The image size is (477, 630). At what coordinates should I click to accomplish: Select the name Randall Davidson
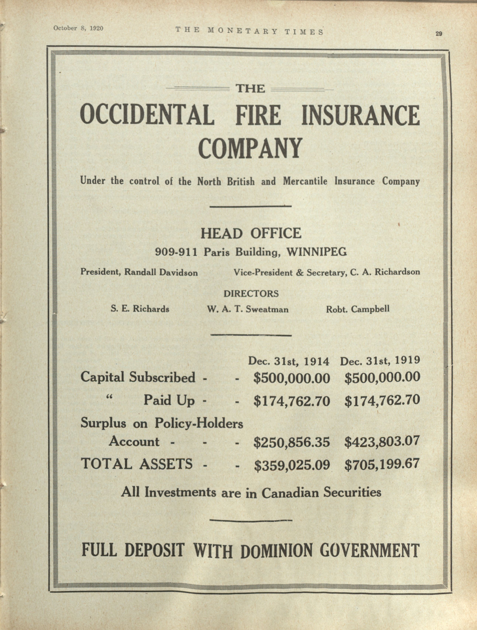[x=161, y=273]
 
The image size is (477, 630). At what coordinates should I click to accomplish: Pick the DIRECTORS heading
[x=251, y=294]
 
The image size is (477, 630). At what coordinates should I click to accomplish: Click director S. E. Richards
[x=140, y=309]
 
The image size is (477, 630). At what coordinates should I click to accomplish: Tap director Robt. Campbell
[x=358, y=309]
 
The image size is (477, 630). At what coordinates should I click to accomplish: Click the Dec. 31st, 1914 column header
[x=288, y=361]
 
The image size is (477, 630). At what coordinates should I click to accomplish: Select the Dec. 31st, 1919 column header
[x=380, y=361]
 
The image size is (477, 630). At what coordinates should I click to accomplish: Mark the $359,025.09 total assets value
[x=292, y=465]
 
